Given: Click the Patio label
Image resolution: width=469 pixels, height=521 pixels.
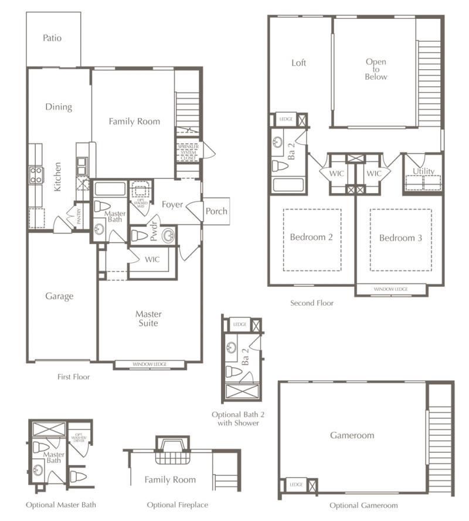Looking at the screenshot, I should point(52,38).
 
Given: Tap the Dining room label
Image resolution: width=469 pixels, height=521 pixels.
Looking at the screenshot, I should point(59,107).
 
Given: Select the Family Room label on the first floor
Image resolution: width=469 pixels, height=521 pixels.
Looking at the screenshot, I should point(134,121).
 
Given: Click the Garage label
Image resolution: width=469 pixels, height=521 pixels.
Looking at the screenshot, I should point(59,296).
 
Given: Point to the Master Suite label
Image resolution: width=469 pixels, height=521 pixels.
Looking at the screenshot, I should point(148,319).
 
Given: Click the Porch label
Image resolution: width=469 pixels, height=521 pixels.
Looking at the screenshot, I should point(216,211).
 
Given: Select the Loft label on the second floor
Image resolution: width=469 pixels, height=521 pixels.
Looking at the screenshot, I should point(299,63).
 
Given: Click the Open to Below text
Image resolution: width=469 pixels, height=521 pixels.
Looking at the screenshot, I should point(376,69).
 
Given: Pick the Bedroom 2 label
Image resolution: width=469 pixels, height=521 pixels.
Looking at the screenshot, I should point(311,238).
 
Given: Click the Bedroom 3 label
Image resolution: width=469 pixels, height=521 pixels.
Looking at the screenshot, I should point(400,238).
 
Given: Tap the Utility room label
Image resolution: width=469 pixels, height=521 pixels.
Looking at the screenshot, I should point(423,171).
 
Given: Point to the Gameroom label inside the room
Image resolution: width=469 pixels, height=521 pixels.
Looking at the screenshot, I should point(352,435).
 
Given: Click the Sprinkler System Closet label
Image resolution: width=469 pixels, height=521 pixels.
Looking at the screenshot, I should point(188,150).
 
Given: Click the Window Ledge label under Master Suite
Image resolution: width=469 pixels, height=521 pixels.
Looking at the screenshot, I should point(149,364).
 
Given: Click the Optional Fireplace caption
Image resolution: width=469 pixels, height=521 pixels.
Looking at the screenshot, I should point(177,505).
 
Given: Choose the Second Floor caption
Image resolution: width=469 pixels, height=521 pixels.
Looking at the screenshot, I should point(312,303).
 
